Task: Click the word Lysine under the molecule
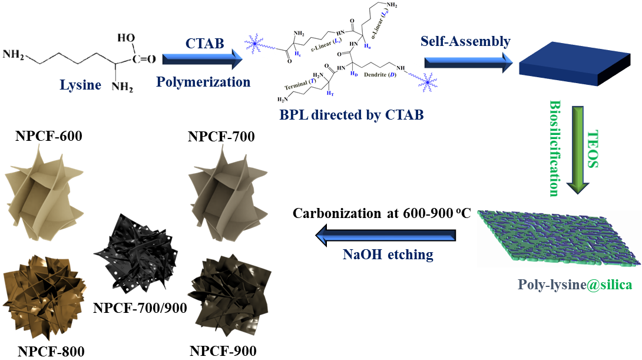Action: pos(80,85)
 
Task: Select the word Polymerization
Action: pos(203,81)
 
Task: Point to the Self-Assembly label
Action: pos(465,42)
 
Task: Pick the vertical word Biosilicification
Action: pos(555,148)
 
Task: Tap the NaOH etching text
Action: pos(388,255)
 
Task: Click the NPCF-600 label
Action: pos(49,137)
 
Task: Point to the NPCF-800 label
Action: pos(51,351)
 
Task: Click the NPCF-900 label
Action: pos(223,351)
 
